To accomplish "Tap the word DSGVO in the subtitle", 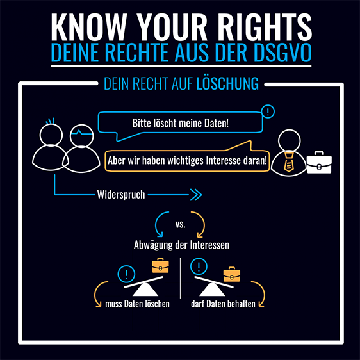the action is click(x=282, y=53).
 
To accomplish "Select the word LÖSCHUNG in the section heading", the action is click(x=227, y=83).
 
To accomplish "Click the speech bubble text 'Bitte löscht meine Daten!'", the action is click(x=180, y=123).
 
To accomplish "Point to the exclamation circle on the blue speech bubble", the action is click(x=268, y=111).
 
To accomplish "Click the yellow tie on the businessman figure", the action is click(x=288, y=162).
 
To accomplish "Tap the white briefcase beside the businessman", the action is click(x=319, y=162).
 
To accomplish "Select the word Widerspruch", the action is click(x=121, y=195).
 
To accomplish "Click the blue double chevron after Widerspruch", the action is click(x=196, y=195).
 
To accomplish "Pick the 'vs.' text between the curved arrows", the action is click(x=181, y=224).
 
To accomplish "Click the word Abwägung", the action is click(x=153, y=245).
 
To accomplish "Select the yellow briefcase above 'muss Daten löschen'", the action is click(x=161, y=265).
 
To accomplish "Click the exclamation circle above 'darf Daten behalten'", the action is click(x=199, y=266).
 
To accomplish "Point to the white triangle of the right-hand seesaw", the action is click(x=212, y=290).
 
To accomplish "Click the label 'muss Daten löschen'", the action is click(x=137, y=304).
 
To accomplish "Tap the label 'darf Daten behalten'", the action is click(x=223, y=304).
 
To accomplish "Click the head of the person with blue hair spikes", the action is click(x=51, y=135).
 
